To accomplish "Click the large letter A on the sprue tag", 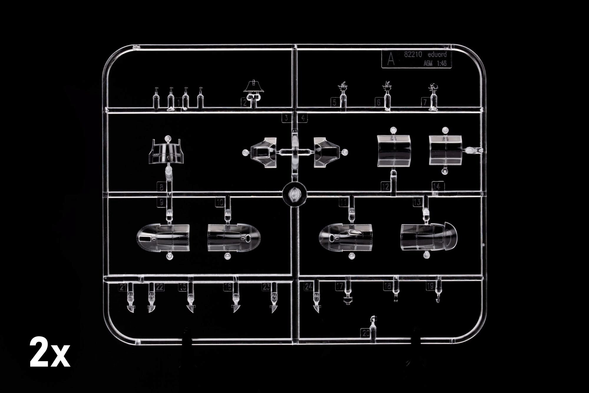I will point(391,60).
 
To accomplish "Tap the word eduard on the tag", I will point(437,55).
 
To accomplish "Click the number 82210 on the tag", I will point(413,55).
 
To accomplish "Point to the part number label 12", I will point(385,186).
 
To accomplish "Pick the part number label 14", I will point(437,186).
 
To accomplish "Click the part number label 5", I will point(334,102).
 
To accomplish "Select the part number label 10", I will point(220,202).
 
